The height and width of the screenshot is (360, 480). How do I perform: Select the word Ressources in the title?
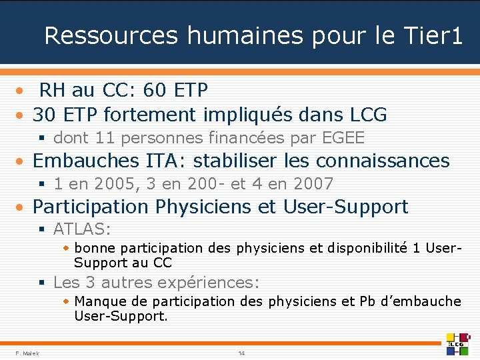point(111,35)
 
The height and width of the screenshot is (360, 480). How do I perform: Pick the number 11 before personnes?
point(105,138)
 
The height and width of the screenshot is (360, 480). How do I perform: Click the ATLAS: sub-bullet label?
point(82,229)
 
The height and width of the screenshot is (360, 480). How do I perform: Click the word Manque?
point(99,301)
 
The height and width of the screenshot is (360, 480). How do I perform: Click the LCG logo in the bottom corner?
point(458,343)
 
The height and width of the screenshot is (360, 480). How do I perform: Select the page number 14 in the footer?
point(241,353)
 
